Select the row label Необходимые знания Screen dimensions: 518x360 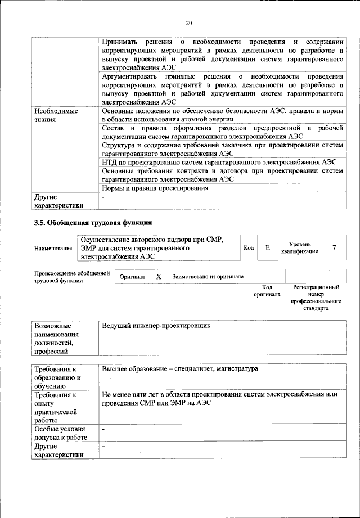(56, 115)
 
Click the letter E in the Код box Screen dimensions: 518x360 (267, 247)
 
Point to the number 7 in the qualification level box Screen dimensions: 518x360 (334, 247)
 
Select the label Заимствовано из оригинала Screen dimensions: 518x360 (208, 277)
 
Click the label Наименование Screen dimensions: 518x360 (53, 248)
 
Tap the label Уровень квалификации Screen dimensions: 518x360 (300, 247)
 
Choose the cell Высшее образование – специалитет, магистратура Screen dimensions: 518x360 (180, 370)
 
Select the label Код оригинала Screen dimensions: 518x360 (267, 291)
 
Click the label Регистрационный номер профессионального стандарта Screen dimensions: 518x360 (316, 298)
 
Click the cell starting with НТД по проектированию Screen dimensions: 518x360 (219, 162)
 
